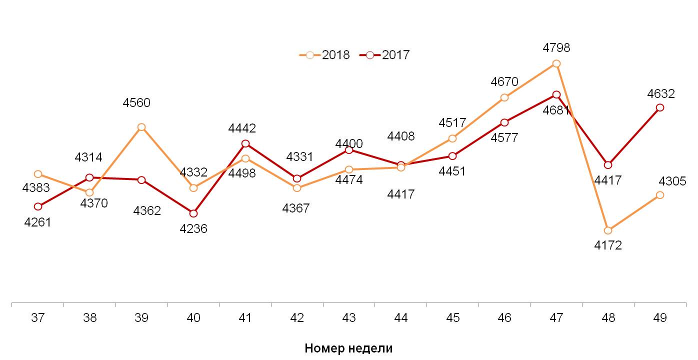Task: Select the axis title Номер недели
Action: pyautogui.click(x=348, y=348)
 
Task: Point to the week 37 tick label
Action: pyautogui.click(x=38, y=318)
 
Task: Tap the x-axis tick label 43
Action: pyautogui.click(x=349, y=318)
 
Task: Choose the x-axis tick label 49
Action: pyautogui.click(x=660, y=318)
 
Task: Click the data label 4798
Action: pyautogui.click(x=556, y=48)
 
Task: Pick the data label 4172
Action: pyautogui.click(x=608, y=245)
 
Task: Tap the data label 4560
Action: pyautogui.click(x=136, y=103)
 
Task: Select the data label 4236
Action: pyautogui.click(x=193, y=229)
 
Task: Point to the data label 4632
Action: pyautogui.click(x=661, y=94)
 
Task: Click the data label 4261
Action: pyautogui.click(x=38, y=222)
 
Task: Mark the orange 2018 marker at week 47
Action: pyautogui.click(x=556, y=63)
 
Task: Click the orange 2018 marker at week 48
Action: pyautogui.click(x=608, y=230)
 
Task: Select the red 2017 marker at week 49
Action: pyautogui.click(x=660, y=107)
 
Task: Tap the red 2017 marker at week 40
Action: pyautogui.click(x=193, y=213)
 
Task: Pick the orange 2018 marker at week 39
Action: pyautogui.click(x=141, y=127)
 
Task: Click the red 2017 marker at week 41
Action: pyautogui.click(x=245, y=144)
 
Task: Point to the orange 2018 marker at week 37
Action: pyautogui.click(x=38, y=174)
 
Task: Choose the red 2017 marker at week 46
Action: pyautogui.click(x=504, y=122)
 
